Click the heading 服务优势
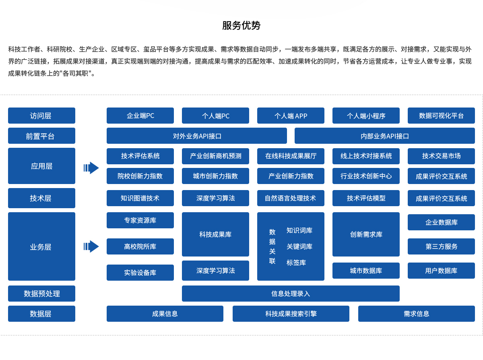point(241,25)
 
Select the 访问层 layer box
point(41,116)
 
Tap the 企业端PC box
point(140,116)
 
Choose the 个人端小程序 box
point(366,116)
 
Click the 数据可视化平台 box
point(441,116)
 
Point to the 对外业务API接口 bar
point(197,136)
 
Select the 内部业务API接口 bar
point(384,136)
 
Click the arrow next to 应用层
point(91,168)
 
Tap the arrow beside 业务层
point(91,246)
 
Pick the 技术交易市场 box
point(441,156)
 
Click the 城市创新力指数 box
point(215,176)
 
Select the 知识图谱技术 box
point(140,198)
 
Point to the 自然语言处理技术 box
point(291,198)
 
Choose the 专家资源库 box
point(140,220)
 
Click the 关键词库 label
point(299,246)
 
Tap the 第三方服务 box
point(441,246)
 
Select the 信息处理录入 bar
point(291,294)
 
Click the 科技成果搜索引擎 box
point(291,314)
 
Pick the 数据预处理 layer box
point(41,294)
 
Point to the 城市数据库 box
point(366,271)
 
